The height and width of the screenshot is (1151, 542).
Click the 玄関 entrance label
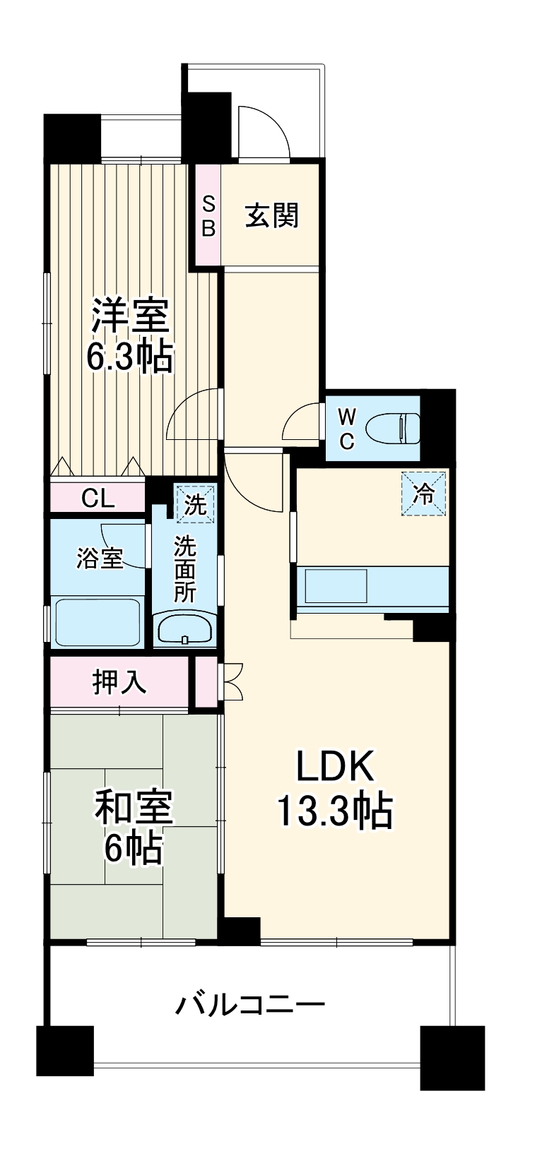tap(272, 215)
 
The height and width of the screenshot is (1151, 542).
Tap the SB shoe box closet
tap(208, 215)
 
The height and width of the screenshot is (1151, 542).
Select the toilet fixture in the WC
tap(393, 428)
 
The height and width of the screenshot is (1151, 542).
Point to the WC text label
tap(347, 428)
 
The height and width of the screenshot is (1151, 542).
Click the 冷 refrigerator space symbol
tap(425, 494)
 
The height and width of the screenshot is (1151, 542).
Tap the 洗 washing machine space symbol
tap(195, 504)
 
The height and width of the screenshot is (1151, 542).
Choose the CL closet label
tap(98, 499)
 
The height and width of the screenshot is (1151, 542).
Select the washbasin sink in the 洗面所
tap(184, 628)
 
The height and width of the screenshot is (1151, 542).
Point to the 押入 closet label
tap(119, 681)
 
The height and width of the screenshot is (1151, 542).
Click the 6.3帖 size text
tap(130, 357)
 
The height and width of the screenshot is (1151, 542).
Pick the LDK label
tap(334, 765)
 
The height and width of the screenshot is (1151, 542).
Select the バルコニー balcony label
tap(250, 1003)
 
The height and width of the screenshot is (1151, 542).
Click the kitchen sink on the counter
tap(336, 586)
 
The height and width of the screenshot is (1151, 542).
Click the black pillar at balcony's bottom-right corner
tap(452, 1057)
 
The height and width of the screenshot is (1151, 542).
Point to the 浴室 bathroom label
tap(100, 559)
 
